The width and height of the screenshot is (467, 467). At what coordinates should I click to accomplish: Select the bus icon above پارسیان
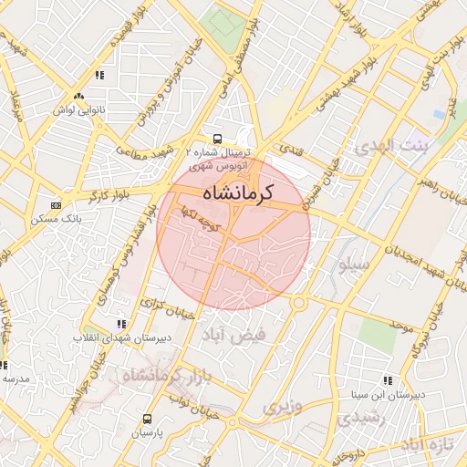[146, 419]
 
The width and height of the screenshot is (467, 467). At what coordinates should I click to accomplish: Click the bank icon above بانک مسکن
[57, 205]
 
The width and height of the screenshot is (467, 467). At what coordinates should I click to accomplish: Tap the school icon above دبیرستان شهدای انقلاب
[121, 324]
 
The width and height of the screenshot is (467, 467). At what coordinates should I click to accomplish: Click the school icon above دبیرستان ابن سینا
[388, 380]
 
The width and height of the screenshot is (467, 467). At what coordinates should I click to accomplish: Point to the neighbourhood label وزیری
[280, 406]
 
